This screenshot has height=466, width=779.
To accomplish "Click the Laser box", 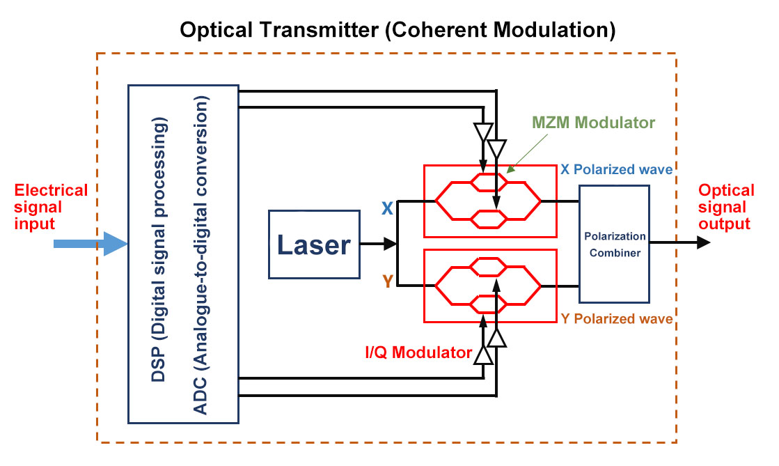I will click(314, 244).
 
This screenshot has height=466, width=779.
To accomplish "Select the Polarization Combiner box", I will click(614, 244).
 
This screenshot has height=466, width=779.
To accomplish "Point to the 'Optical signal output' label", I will click(726, 207).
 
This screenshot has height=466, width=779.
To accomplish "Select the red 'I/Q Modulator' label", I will click(418, 353).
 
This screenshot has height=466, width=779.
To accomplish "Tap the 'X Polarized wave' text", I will click(617, 169).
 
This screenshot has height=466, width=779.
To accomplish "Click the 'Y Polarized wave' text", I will click(617, 319).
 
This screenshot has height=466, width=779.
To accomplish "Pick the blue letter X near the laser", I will click(386, 208).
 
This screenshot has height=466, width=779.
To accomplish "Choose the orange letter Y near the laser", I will click(386, 281).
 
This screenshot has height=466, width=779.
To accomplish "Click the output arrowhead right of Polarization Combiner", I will click(703, 243).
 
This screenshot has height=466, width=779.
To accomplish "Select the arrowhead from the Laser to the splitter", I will click(390, 244).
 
